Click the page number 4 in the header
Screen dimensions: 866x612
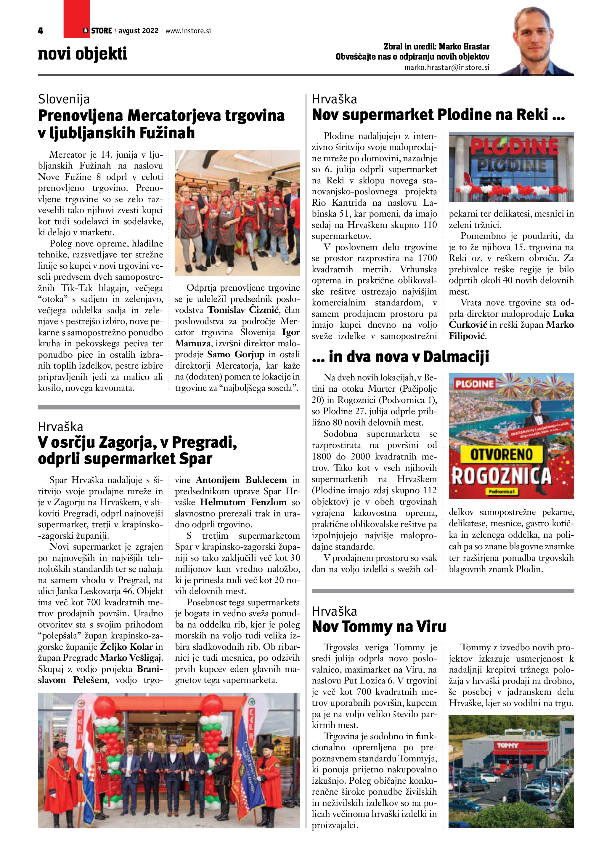40,31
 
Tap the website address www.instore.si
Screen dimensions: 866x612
188,31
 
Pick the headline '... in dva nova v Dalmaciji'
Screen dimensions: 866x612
400,356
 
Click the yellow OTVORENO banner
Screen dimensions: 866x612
501,454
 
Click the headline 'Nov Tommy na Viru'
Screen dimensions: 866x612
379,627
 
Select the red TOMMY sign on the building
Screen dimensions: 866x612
507,746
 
